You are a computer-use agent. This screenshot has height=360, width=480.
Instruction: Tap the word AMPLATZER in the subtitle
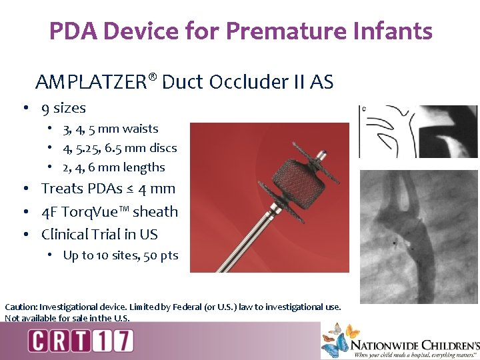click(x=91, y=82)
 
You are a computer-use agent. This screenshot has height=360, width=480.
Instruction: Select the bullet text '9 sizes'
click(x=63, y=108)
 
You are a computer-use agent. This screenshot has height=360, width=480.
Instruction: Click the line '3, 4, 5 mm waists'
click(x=110, y=129)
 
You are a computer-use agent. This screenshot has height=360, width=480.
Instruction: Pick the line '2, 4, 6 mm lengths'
click(x=113, y=167)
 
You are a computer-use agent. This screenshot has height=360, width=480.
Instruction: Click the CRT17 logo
click(x=81, y=341)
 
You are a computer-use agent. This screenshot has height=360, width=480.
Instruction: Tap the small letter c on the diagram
click(x=363, y=108)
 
